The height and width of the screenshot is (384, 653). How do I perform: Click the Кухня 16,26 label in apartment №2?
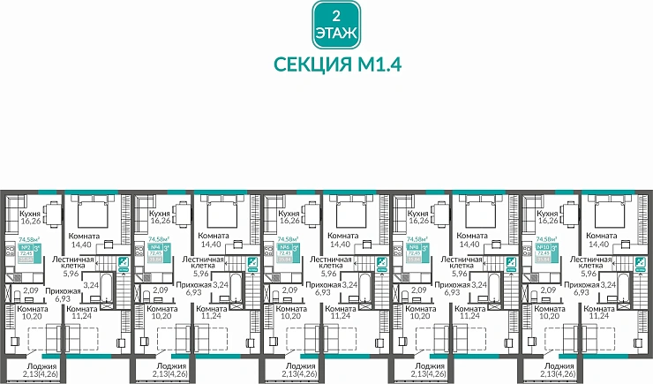point(33,217)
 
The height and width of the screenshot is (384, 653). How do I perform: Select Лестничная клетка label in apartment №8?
point(460,266)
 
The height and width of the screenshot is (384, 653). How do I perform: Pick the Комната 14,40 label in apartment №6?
point(344,240)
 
